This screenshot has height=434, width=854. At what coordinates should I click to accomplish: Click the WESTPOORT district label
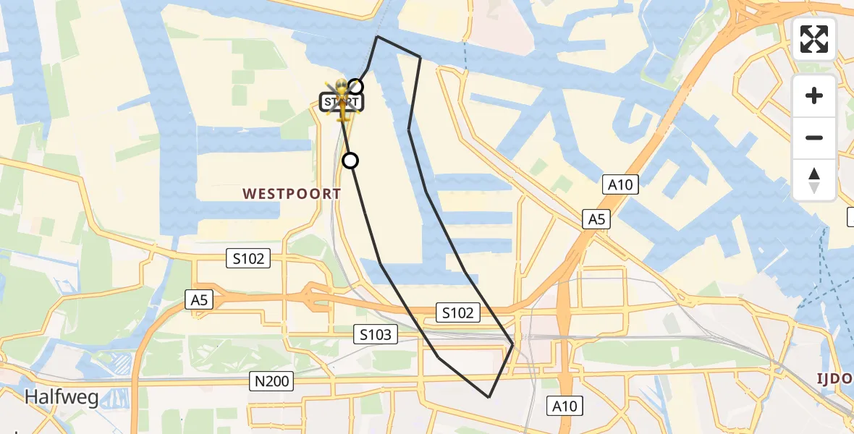coord(292,194)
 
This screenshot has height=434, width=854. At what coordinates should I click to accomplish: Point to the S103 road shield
coord(376,334)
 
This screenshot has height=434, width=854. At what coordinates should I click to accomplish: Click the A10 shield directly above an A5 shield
coord(620,185)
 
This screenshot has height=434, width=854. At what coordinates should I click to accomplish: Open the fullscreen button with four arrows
coord(814,39)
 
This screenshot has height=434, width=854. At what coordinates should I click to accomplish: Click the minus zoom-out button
coord(814,137)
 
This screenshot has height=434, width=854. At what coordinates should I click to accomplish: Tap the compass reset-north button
coord(814,180)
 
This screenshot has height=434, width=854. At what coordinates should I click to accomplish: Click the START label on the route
coord(341,102)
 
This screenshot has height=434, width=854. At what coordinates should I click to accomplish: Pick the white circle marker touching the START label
coord(355,87)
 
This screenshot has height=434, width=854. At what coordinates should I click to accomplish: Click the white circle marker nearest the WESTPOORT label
coord(350,161)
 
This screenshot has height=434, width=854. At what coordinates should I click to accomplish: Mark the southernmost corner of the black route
coord(489,397)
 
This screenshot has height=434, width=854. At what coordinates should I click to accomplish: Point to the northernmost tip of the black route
coord(377,36)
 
